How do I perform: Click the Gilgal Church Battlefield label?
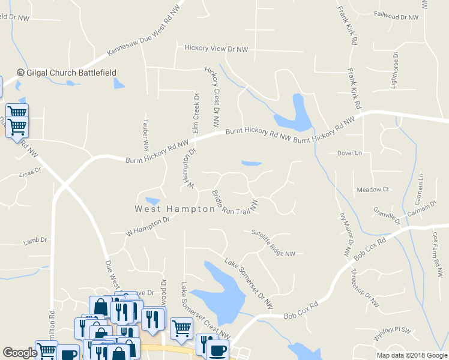pos(71,73)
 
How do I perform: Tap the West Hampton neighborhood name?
pos(174,209)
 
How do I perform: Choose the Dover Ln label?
pos(349,154)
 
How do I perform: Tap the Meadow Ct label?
pos(373,190)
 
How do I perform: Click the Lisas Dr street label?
pos(29,171)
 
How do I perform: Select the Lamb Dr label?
pos(35,241)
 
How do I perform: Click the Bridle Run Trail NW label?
pos(235,202)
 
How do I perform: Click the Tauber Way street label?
pos(145,132)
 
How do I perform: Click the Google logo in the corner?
pos(20,353)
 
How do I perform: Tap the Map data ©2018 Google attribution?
pos(411,355)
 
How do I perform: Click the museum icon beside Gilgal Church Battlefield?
pos(21,73)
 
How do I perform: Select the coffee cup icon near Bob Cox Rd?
pos(218,349)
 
